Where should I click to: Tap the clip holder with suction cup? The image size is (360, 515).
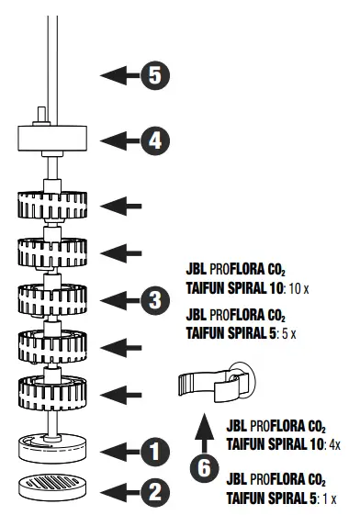coord(213,384)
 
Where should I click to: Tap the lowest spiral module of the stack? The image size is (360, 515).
coord(51,394)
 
